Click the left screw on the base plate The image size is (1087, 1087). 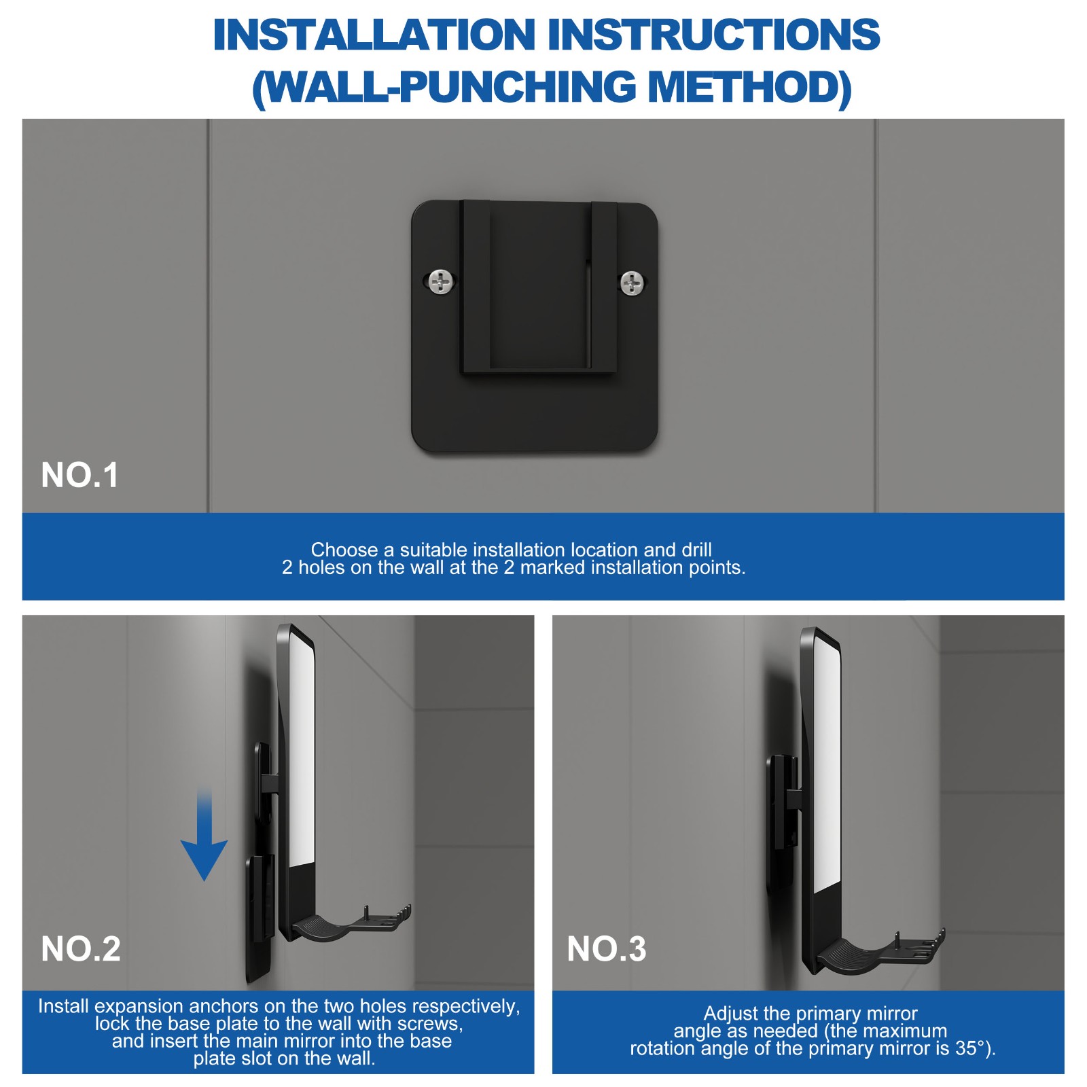[441, 281]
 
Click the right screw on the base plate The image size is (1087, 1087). [632, 283]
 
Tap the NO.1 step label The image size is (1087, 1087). [79, 475]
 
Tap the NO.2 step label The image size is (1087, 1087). [80, 948]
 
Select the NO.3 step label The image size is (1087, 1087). [606, 948]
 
